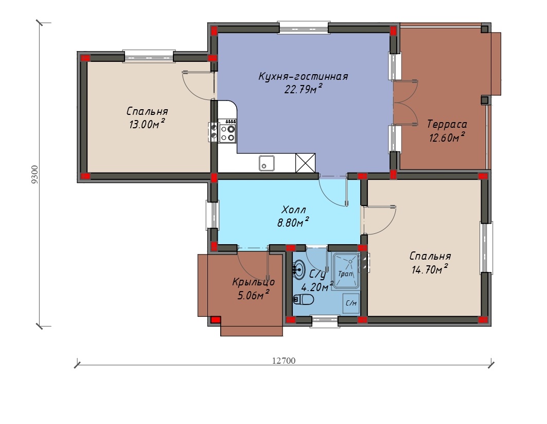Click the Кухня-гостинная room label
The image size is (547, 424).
pyautogui.click(x=303, y=76)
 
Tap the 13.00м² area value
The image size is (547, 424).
pyautogui.click(x=147, y=124)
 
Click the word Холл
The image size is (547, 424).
pyautogui.click(x=293, y=210)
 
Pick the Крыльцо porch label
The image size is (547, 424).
pyautogui.click(x=254, y=282)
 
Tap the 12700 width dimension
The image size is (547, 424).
pyautogui.click(x=284, y=361)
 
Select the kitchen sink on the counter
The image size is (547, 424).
pyautogui.click(x=267, y=163)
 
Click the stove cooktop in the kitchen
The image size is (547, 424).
pyautogui.click(x=228, y=131)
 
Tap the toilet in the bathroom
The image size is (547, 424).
pyautogui.click(x=303, y=299)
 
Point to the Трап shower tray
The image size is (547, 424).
pyautogui.click(x=346, y=271)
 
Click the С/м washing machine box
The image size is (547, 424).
pyautogui.click(x=351, y=303)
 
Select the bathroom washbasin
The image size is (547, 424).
pyautogui.click(x=298, y=269)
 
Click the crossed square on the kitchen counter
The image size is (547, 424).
pyautogui.click(x=305, y=163)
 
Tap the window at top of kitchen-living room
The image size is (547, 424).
pyautogui.click(x=303, y=28)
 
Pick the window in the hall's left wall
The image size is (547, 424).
pyautogui.click(x=212, y=215)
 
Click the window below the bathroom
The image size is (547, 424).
pyautogui.click(x=324, y=321)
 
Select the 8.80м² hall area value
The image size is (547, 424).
pyautogui.click(x=293, y=222)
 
